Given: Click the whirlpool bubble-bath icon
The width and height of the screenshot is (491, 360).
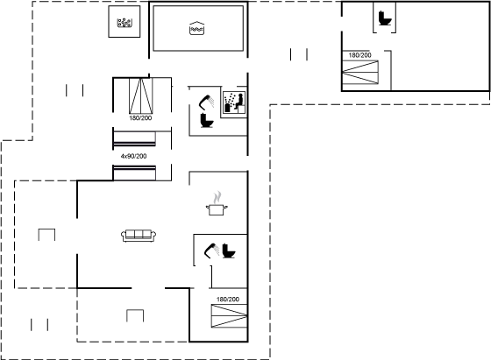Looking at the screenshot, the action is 125,23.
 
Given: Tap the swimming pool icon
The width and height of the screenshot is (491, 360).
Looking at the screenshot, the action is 197,28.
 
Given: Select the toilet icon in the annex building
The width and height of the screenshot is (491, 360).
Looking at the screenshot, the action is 385,18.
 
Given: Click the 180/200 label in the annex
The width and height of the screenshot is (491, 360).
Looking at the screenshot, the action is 359,55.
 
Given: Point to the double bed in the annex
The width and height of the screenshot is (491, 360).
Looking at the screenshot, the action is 360,72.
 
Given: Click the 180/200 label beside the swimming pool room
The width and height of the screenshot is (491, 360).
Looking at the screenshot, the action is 140,118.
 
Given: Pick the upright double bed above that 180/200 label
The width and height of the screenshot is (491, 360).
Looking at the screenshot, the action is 141,95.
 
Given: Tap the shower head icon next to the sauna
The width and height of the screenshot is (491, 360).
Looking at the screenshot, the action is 207,102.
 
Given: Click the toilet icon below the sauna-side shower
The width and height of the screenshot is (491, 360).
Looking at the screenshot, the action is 207,120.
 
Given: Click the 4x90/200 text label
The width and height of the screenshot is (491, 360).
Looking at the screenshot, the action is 133,156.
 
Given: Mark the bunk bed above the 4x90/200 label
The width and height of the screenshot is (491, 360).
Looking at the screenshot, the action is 134,139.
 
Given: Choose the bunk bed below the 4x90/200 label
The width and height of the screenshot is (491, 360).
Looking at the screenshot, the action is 134,173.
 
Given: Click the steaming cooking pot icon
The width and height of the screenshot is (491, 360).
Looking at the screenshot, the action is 217,203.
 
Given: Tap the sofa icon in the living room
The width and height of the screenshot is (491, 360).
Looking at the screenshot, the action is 139,236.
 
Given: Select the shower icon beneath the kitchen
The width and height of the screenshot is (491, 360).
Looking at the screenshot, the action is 211,251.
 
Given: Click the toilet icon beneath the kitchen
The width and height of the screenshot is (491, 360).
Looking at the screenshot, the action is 229,251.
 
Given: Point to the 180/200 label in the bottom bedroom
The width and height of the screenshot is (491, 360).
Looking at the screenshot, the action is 228,300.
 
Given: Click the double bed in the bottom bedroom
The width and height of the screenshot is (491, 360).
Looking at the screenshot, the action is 229,316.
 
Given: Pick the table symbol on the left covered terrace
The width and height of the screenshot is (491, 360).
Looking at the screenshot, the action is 46,235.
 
